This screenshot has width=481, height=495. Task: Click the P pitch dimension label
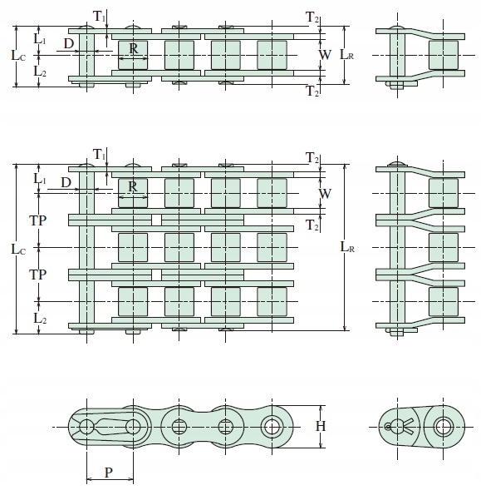pos(109,473)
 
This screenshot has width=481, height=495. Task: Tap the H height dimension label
pos(321,427)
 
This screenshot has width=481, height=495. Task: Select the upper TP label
pos(38,220)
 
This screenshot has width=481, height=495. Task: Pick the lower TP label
pos(38,275)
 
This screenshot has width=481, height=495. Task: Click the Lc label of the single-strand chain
pos(18,56)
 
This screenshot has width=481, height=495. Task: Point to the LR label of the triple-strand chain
pos(347,247)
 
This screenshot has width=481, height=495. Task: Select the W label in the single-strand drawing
pos(325,55)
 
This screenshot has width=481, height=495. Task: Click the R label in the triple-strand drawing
pos(133,187)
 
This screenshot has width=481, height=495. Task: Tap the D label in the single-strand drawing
pos(68,43)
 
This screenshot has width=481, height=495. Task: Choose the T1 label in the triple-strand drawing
pos(100,155)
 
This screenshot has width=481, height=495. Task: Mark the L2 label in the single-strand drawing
pos(40,72)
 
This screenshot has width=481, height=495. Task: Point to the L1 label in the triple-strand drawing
pos(40,179)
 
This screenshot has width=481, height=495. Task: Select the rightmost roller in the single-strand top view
pos(272,55)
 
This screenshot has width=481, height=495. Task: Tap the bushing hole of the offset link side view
pos(444,427)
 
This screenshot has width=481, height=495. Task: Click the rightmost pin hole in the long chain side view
pos(272,427)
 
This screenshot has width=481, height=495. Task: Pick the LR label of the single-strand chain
pos(346,55)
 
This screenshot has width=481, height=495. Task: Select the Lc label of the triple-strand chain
pos(18,249)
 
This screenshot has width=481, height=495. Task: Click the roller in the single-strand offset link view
pos(444,55)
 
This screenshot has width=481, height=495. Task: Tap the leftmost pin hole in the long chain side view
pos(86,427)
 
